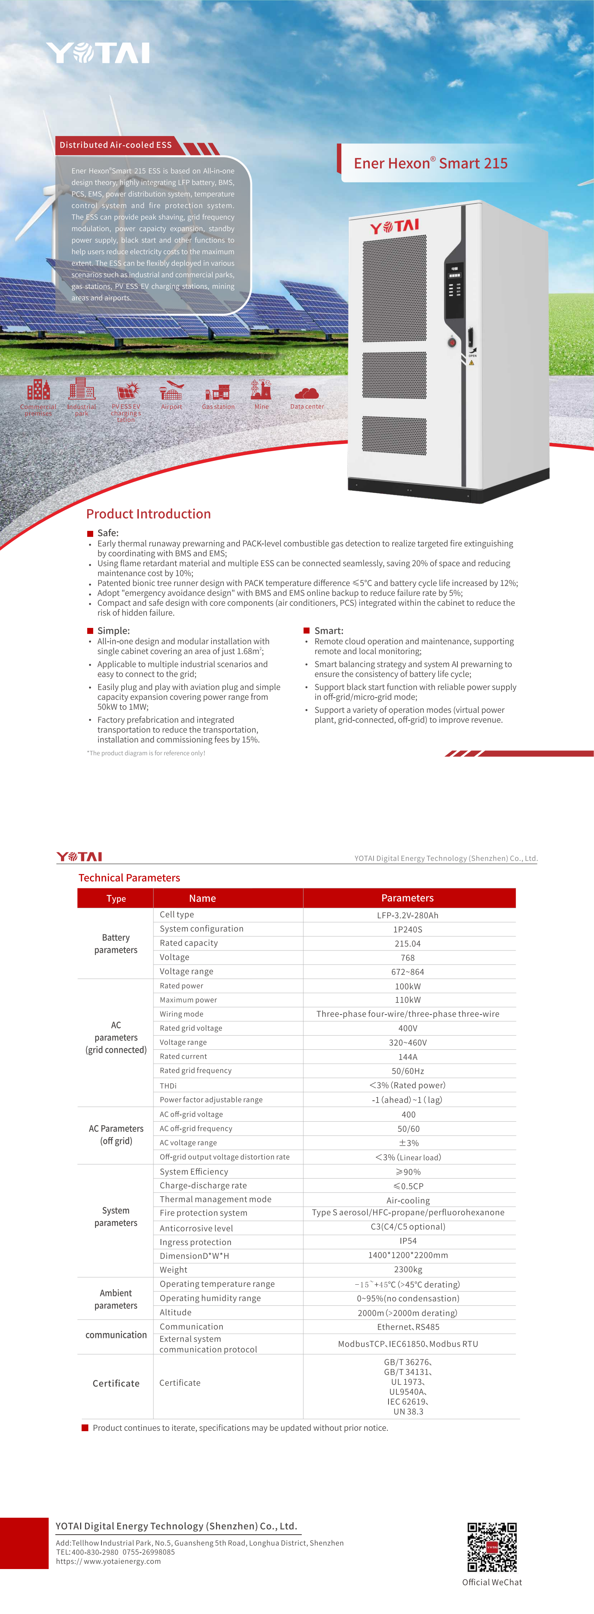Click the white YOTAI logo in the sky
(x=98, y=53)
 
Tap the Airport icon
(x=171, y=391)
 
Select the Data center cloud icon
(x=307, y=393)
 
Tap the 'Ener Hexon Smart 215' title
(x=431, y=163)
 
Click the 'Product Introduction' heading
(x=148, y=514)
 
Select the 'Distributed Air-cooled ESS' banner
(x=116, y=145)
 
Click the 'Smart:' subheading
(x=329, y=630)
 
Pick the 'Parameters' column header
(x=408, y=898)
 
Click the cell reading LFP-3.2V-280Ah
(x=408, y=915)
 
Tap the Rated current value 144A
(x=408, y=1057)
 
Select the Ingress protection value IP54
(x=408, y=1240)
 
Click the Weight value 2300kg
(x=408, y=1269)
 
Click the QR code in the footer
(x=492, y=1546)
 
